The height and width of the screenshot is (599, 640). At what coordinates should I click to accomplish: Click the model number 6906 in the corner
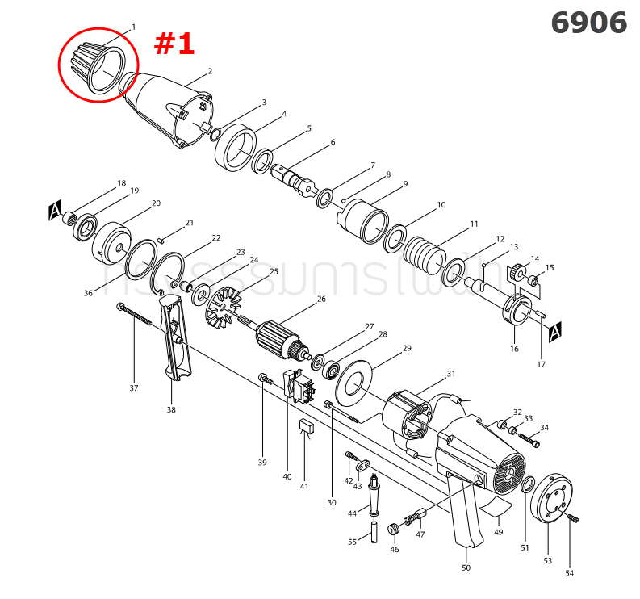pyautogui.click(x=588, y=23)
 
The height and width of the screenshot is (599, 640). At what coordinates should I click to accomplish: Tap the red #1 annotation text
pyautogui.click(x=174, y=44)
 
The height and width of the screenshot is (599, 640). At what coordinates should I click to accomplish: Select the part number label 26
pyautogui.click(x=321, y=299)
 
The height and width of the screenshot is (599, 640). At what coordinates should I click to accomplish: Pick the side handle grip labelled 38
pyautogui.click(x=175, y=339)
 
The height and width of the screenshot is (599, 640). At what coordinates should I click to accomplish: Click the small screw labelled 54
pyautogui.click(x=574, y=517)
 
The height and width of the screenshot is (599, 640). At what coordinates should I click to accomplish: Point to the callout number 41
pyautogui.click(x=303, y=487)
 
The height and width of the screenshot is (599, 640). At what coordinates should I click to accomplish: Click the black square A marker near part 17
pyautogui.click(x=554, y=332)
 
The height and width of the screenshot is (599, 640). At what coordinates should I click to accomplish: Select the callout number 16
pyautogui.click(x=514, y=349)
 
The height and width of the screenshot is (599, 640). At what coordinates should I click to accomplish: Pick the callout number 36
pyautogui.click(x=88, y=293)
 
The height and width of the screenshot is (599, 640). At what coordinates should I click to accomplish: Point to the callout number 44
pyautogui.click(x=352, y=513)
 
